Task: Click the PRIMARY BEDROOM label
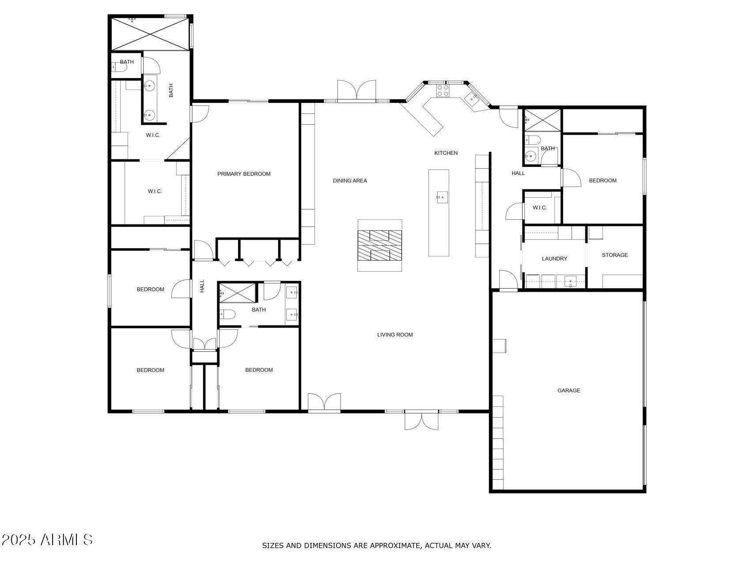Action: click(x=244, y=174)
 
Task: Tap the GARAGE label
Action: click(x=568, y=391)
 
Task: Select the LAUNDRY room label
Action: click(x=554, y=259)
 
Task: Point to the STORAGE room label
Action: click(x=614, y=255)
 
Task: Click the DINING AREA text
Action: click(x=350, y=181)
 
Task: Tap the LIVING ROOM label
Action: click(x=395, y=335)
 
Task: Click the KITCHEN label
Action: click(x=446, y=153)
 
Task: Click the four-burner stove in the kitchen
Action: click(x=443, y=90)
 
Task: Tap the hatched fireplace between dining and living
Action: click(x=379, y=245)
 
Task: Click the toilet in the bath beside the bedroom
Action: click(x=533, y=140)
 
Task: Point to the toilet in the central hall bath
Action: click(x=227, y=314)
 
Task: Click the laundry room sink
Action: click(x=570, y=281)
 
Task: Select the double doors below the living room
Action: click(x=422, y=420)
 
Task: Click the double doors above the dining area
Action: click(x=356, y=91)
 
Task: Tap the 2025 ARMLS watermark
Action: click(x=47, y=539)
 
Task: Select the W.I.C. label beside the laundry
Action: click(x=539, y=208)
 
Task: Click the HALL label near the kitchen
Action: click(x=518, y=173)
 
